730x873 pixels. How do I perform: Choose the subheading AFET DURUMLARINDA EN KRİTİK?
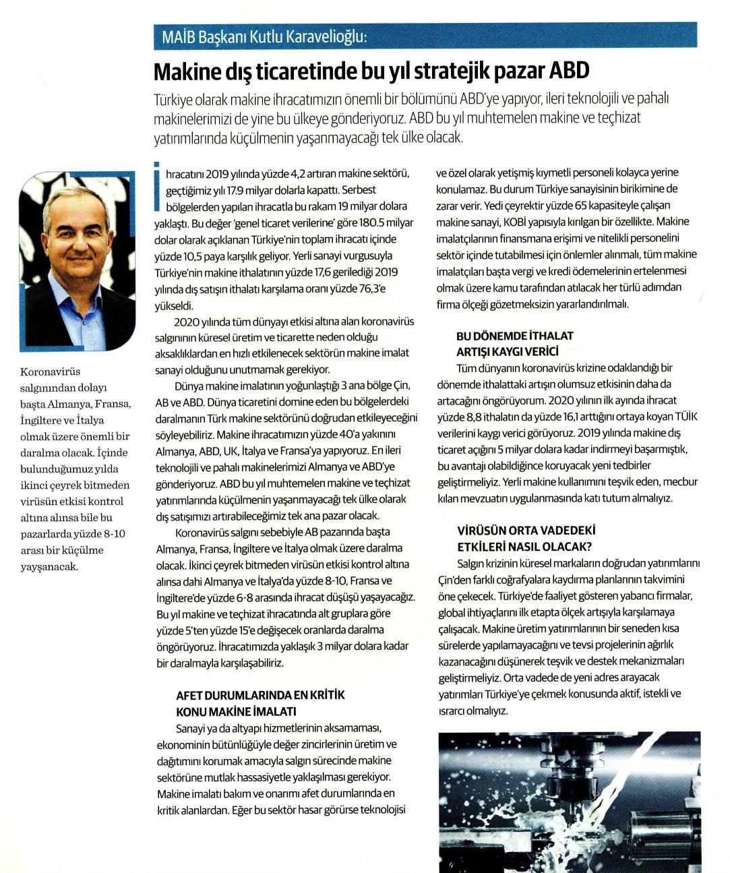[x=260, y=695]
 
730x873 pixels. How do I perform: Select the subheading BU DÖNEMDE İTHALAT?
[x=515, y=336]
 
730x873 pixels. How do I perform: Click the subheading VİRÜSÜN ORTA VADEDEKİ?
[x=526, y=531]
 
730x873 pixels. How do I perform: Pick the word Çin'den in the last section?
[x=456, y=580]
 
